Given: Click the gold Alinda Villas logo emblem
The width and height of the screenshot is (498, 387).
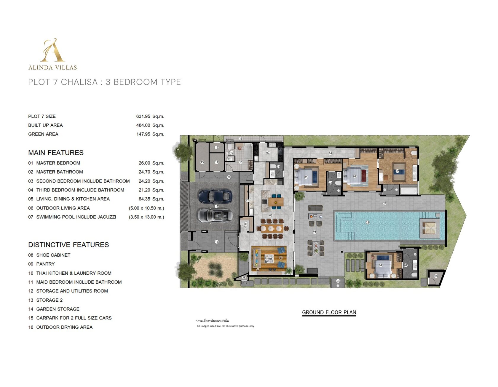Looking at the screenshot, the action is click(52, 50).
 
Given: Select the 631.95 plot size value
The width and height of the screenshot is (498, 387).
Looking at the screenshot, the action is click(143, 116).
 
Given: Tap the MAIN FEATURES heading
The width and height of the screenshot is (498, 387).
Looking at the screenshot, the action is click(56, 153).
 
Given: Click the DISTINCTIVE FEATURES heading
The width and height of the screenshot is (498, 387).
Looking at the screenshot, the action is click(68, 245).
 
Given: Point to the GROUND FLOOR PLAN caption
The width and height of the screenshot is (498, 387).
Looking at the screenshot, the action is click(329, 312).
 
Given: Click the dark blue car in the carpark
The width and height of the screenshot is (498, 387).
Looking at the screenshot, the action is click(215, 196).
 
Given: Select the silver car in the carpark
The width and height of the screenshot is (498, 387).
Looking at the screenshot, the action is click(215, 215).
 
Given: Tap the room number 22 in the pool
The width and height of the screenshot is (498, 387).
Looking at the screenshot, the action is click(367, 223).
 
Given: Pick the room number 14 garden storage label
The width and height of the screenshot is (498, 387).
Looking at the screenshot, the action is click(330, 153).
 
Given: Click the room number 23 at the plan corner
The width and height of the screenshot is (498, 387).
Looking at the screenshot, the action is click(436, 276).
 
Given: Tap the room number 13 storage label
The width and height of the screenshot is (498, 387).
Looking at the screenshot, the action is click(202, 162).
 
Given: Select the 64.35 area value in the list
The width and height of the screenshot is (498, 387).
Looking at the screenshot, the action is click(144, 199).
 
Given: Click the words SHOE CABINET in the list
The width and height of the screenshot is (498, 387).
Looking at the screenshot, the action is click(53, 255).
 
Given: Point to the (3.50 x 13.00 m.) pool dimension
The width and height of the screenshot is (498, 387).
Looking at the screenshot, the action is click(146, 217).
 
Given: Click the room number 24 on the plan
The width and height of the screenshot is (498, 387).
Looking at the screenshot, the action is click(338, 281).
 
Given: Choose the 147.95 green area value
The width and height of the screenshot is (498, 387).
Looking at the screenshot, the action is click(143, 134).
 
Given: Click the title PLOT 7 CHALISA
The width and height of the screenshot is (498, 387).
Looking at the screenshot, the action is click(63, 82).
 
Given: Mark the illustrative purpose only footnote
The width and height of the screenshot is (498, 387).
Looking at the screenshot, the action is click(226, 326).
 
